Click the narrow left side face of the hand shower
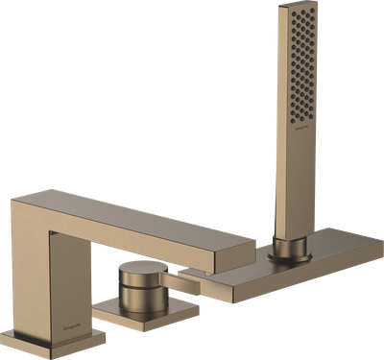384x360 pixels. coord(278,125)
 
